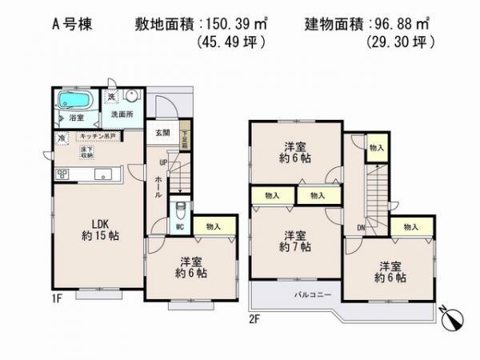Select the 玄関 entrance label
click(x=162, y=133)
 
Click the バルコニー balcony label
click(x=294, y=295)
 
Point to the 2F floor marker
click(x=255, y=318)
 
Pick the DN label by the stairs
click(x=362, y=226)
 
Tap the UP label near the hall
click(x=163, y=164)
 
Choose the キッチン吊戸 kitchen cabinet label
click(x=96, y=137)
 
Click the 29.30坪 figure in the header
click(x=400, y=42)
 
